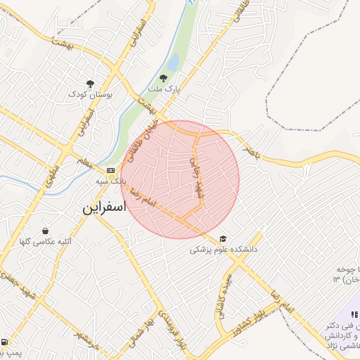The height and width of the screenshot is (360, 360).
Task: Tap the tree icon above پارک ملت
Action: tap(163, 78)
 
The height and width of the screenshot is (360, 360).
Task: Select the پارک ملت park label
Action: tap(165, 89)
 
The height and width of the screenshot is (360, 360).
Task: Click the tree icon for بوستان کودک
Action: tap(89, 83)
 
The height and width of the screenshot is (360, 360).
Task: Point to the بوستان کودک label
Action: tap(90, 94)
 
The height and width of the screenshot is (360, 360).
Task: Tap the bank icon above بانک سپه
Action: tap(110, 170)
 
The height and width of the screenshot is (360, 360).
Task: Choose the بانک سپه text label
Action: tap(112, 181)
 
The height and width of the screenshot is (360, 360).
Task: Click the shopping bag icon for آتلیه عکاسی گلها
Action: tap(46, 231)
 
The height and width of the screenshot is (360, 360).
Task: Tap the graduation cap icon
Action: tap(223, 238)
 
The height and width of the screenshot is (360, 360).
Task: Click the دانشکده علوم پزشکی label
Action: tap(224, 250)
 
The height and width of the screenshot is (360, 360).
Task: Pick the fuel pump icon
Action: tap(6, 342)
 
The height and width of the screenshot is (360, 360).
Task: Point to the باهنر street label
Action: tap(251, 153)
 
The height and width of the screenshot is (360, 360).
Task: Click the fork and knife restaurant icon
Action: tap(355, 314)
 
